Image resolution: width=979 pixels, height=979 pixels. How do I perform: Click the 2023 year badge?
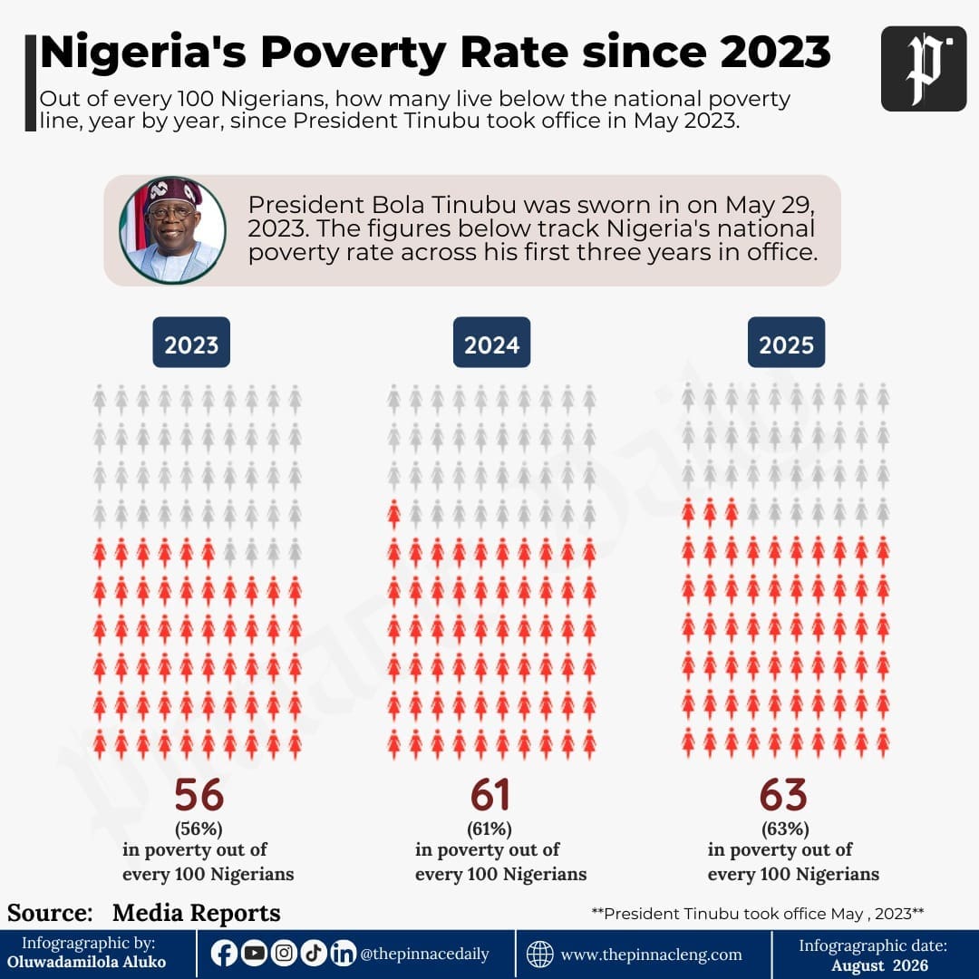191,342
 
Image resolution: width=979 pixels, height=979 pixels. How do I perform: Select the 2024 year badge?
491,342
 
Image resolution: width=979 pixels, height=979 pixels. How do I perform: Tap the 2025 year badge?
786,342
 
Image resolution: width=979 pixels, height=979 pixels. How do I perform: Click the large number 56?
199,795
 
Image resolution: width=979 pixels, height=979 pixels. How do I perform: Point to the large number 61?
490,795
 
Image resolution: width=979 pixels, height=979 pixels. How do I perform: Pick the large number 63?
783,795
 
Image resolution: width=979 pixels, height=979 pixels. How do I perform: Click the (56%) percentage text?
199,829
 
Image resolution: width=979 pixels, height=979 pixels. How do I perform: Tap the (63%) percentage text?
785,829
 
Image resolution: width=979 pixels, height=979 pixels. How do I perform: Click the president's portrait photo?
172,230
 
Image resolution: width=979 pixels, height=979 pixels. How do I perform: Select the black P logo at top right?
924,69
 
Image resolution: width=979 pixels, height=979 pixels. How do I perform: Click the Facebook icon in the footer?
224,953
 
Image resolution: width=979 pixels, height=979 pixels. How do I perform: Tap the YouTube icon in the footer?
254,953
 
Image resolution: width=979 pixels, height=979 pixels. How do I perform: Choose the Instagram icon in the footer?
284,953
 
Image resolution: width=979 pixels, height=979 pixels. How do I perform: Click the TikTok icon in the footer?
314,953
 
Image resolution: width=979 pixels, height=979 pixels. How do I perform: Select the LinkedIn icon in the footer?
343,953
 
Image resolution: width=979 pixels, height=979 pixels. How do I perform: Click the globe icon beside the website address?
539,954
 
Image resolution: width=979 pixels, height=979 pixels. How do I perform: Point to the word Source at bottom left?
50,913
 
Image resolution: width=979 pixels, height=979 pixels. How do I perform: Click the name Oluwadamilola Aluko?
87,962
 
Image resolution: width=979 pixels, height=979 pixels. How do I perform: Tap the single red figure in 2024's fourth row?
394,514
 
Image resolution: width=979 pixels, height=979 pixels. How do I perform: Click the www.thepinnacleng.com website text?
651,955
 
